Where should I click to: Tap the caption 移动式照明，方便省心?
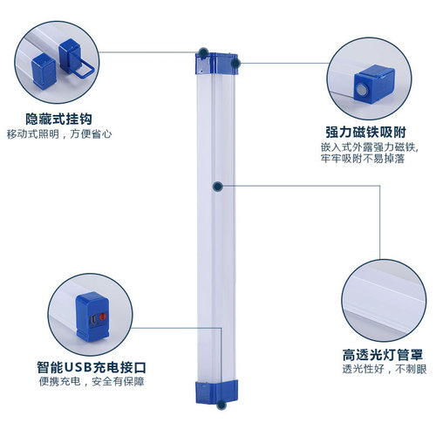(x=59, y=134)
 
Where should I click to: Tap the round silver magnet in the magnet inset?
(x=359, y=89)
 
